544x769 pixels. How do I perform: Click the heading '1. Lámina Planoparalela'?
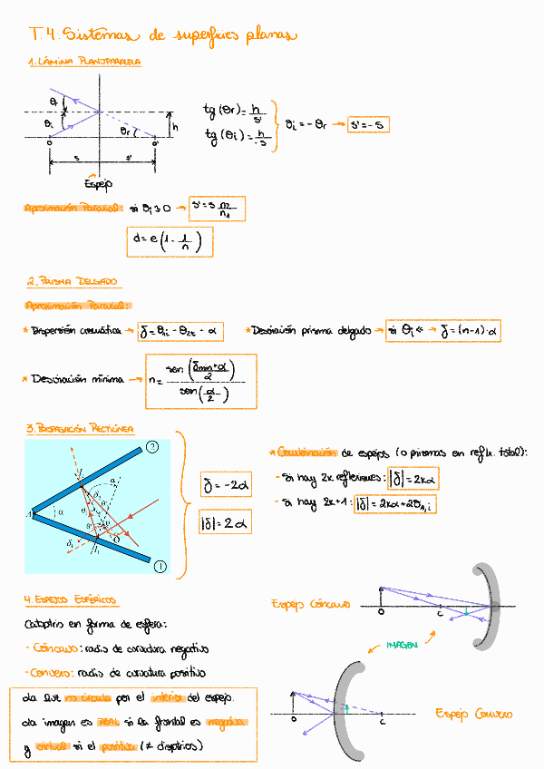click(84, 62)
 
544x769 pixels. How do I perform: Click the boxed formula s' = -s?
click(368, 125)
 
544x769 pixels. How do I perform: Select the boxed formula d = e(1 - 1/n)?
click(170, 241)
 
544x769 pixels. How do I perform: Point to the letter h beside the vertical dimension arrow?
click(175, 128)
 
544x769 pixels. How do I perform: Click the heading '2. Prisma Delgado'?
click(74, 282)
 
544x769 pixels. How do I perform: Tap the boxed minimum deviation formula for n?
click(201, 380)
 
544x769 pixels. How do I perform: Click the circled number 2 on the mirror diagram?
click(153, 445)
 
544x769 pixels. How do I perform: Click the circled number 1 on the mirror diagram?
click(160, 567)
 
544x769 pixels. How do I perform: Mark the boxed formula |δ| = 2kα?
click(412, 478)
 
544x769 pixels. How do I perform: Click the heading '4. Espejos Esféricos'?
click(72, 600)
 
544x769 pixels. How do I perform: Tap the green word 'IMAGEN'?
click(401, 645)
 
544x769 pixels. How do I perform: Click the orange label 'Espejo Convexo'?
click(474, 714)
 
